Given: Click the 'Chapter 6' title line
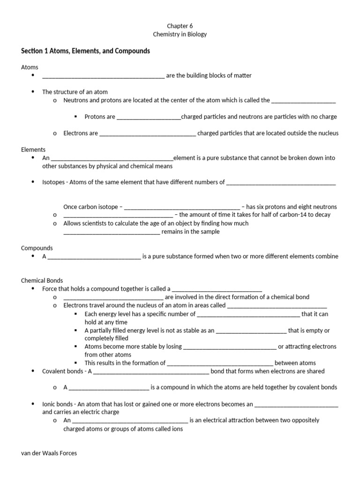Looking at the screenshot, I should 180,26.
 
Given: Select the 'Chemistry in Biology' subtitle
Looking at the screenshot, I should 180,34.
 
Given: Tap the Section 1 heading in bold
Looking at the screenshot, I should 86,51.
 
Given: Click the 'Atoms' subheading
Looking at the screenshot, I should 30,67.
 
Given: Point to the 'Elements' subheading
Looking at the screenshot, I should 33,150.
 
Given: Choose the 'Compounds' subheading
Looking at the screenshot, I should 37,248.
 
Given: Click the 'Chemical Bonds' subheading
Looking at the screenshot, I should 42,281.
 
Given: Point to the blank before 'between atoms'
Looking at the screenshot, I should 220,363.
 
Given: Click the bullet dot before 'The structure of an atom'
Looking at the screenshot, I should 33,92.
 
